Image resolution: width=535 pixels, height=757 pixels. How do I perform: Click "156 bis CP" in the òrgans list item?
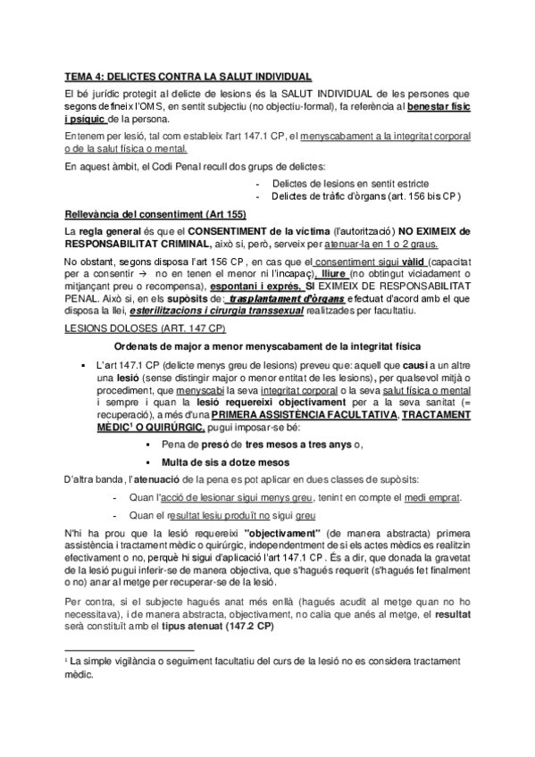coord(437,195)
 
